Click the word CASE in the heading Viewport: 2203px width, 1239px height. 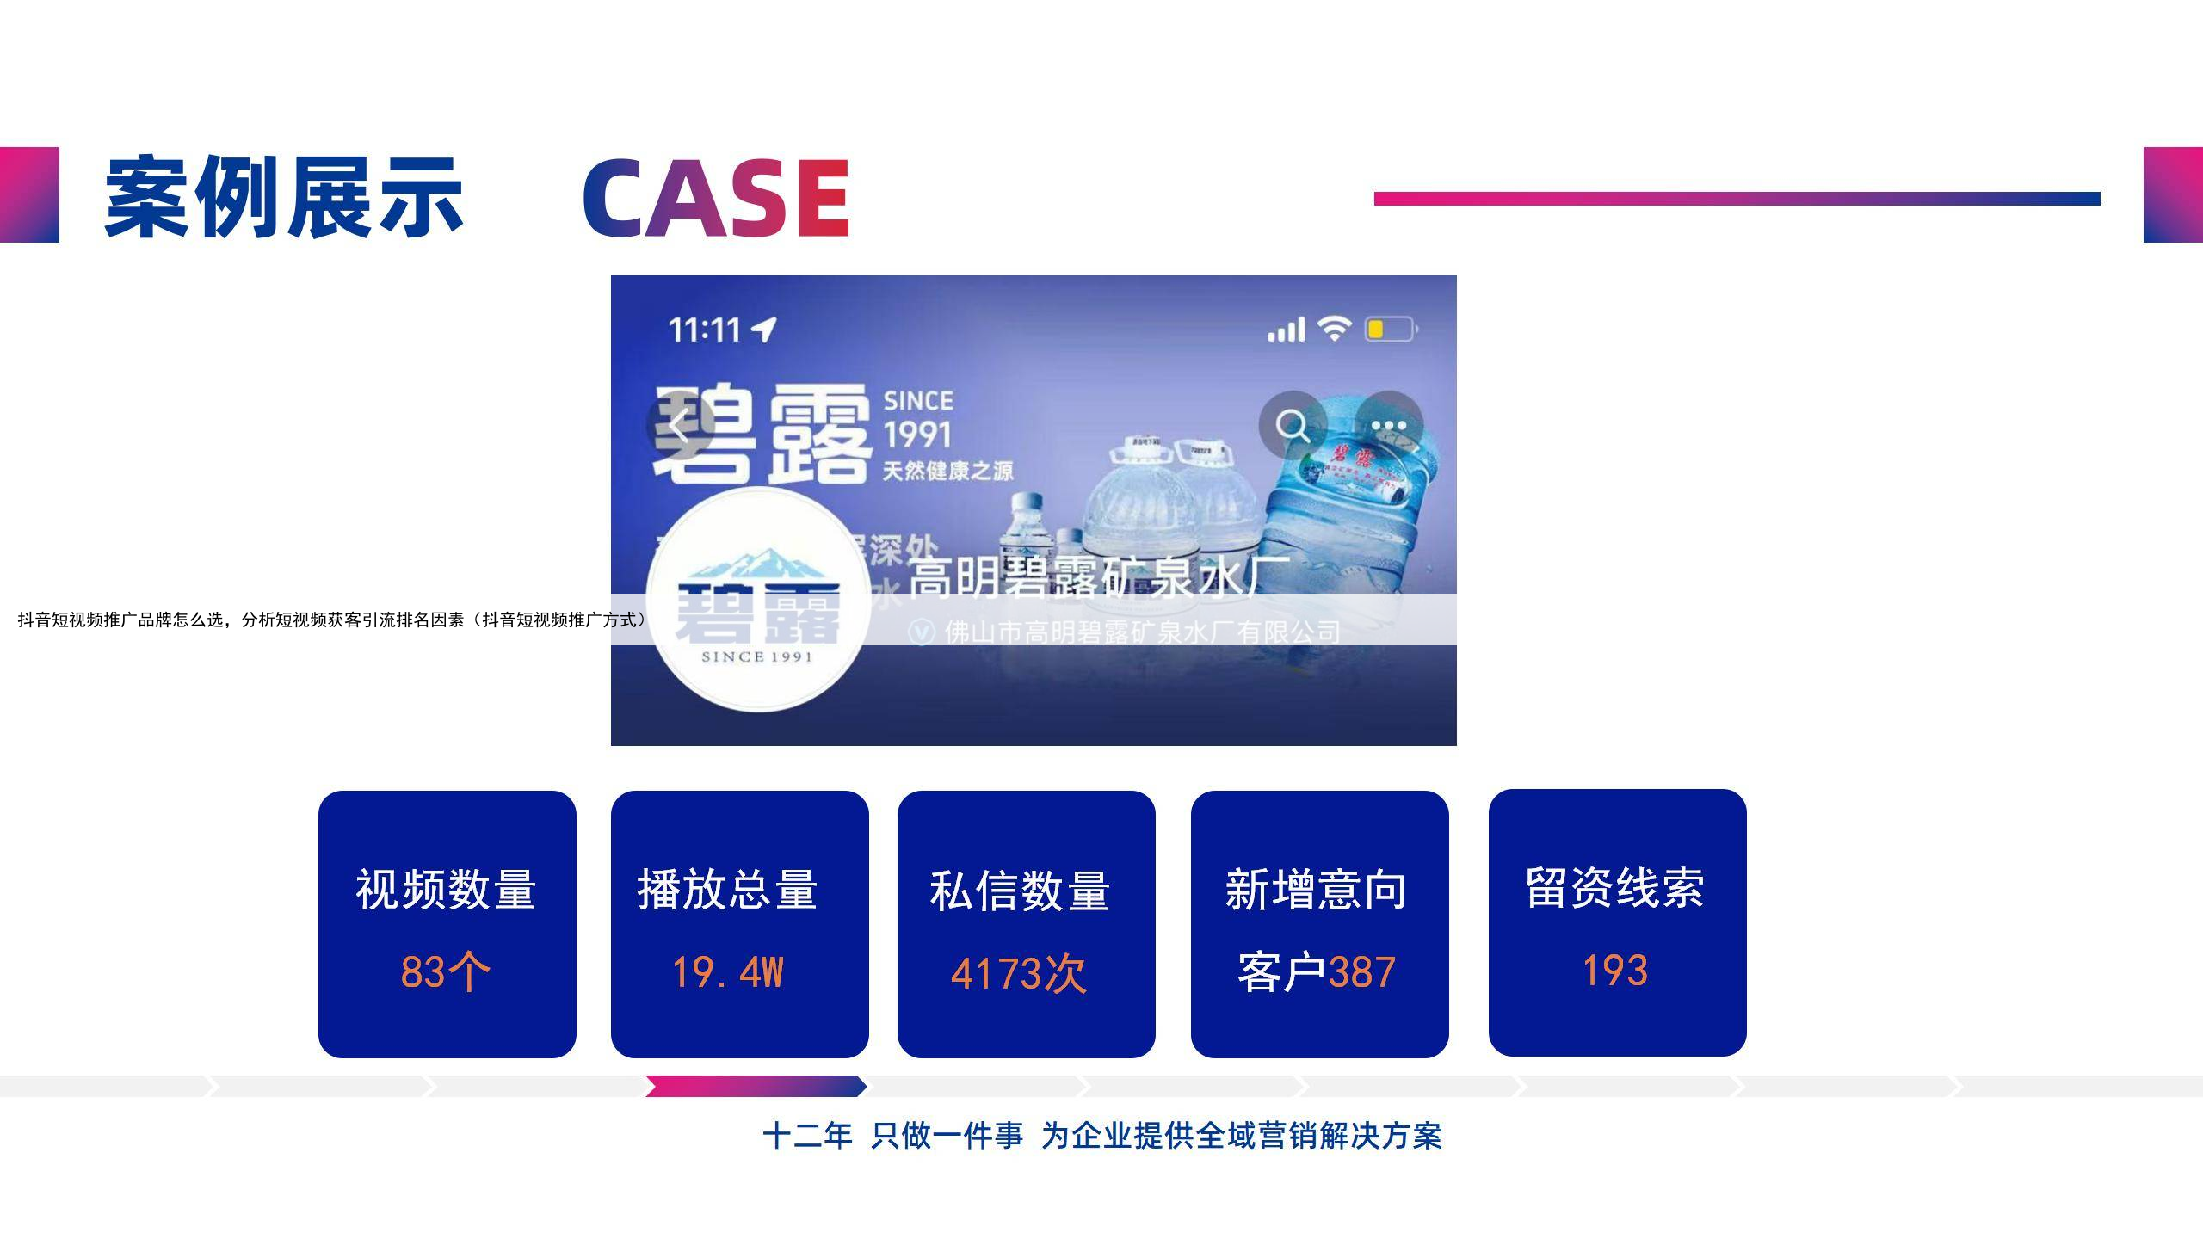coord(716,198)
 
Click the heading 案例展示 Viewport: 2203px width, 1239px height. coord(284,198)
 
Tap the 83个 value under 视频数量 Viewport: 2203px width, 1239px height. coord(446,972)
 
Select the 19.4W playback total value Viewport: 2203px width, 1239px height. coord(728,973)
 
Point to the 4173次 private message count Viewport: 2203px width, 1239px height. coord(1019,975)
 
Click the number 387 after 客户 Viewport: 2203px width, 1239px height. coord(1361,973)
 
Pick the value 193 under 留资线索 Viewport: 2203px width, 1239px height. coord(1615,971)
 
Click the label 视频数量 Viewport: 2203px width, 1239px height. coord(446,890)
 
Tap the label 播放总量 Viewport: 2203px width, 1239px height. coord(728,890)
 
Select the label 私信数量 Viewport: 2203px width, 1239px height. coord(1020,891)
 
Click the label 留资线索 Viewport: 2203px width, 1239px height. coord(1615,888)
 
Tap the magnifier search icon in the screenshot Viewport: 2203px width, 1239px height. coord(1293,425)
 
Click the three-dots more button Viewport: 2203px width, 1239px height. coord(1389,425)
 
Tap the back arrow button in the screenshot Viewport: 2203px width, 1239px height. coord(680,425)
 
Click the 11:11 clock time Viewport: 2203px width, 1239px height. coord(705,330)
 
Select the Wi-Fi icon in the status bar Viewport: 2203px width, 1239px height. coord(1334,329)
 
